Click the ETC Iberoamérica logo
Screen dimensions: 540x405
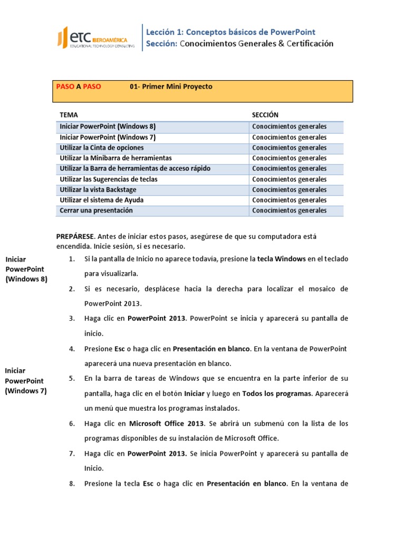[95, 38]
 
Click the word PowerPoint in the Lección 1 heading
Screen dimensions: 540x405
[293, 32]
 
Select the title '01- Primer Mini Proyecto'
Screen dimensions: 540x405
[171, 86]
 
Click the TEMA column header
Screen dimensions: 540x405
[69, 115]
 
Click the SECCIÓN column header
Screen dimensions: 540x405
[265, 115]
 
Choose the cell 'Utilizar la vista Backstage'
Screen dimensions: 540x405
[99, 189]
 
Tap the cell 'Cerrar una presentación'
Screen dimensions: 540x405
[96, 210]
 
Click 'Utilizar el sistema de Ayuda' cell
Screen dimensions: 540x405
[101, 200]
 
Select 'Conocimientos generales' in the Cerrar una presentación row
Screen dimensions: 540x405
[289, 210]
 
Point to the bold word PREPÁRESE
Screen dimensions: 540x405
[75, 237]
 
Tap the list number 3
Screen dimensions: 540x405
[72, 319]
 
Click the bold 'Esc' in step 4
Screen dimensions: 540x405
[120, 349]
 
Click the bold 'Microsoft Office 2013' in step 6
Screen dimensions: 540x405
[166, 423]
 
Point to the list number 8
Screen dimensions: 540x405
[72, 483]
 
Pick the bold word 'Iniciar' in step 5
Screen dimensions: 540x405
[195, 393]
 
